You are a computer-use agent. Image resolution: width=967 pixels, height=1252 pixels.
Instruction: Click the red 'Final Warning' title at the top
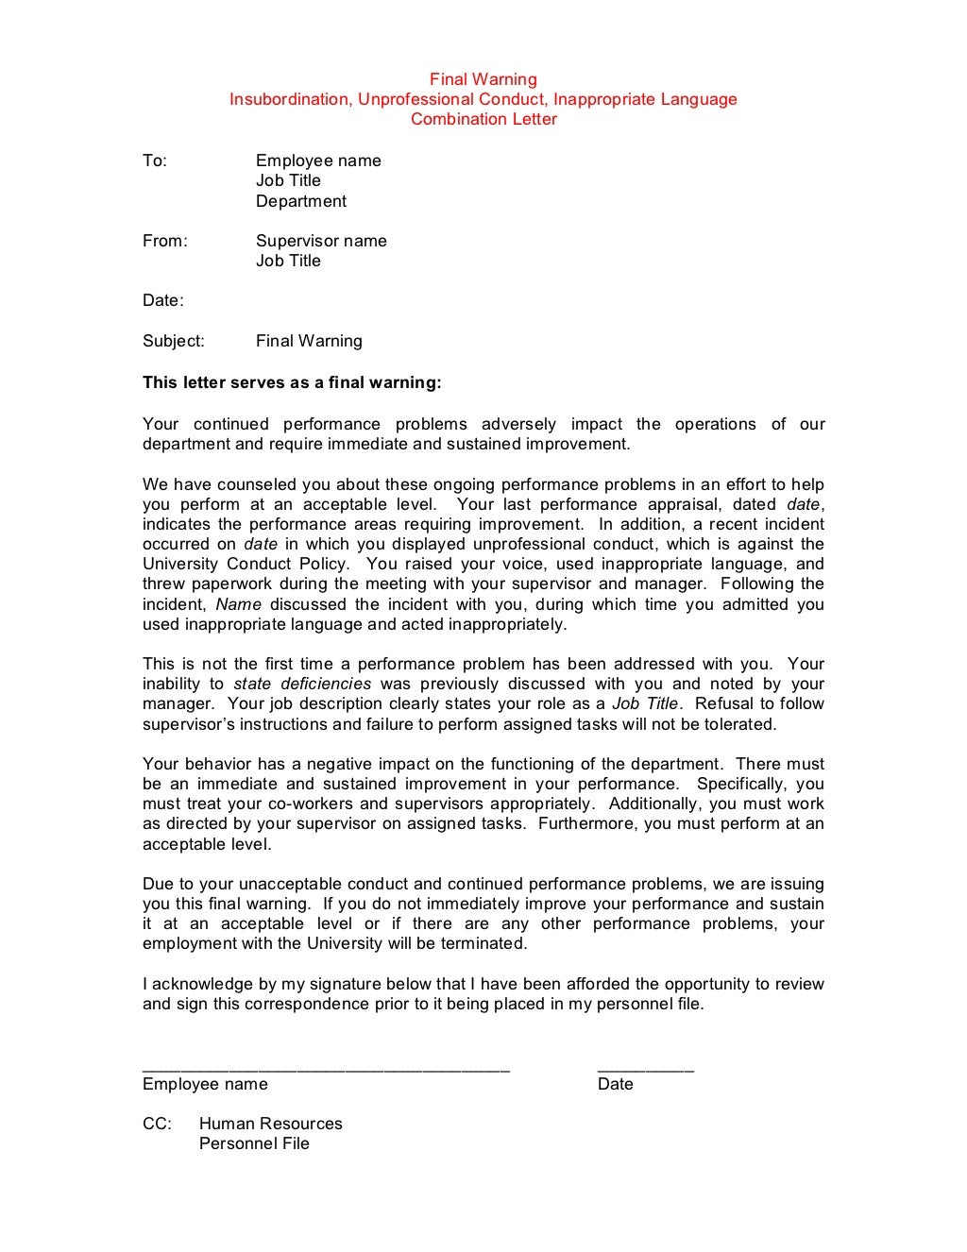click(483, 79)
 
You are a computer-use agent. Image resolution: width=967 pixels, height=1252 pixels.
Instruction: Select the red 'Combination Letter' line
click(483, 119)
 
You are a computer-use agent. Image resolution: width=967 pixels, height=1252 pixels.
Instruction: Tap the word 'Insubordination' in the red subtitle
click(290, 99)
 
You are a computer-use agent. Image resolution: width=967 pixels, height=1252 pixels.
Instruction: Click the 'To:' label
click(155, 161)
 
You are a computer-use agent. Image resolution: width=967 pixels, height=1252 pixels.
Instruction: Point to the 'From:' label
click(165, 241)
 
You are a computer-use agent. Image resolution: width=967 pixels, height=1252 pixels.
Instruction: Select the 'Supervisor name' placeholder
click(321, 241)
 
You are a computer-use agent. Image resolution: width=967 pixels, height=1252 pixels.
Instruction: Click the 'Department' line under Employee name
click(300, 201)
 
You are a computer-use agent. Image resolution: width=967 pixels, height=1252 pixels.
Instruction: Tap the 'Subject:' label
click(173, 341)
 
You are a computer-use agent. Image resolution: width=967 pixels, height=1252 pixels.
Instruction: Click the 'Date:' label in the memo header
click(162, 300)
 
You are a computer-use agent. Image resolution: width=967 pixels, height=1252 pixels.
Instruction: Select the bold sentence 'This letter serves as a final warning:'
click(292, 382)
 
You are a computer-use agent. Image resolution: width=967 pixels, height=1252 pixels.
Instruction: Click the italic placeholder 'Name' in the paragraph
click(238, 604)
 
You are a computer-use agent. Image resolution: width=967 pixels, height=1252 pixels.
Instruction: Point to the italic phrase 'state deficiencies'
click(302, 684)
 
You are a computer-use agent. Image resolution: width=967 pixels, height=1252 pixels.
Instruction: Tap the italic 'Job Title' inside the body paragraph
click(644, 703)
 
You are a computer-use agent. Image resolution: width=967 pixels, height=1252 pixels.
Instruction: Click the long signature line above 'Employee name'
click(326, 1071)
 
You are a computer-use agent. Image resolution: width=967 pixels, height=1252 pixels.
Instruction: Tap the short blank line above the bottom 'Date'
click(645, 1071)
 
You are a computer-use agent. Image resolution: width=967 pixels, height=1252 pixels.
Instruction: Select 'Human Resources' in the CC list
click(270, 1124)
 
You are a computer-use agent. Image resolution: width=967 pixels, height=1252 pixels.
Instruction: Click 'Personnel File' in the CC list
click(254, 1143)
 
